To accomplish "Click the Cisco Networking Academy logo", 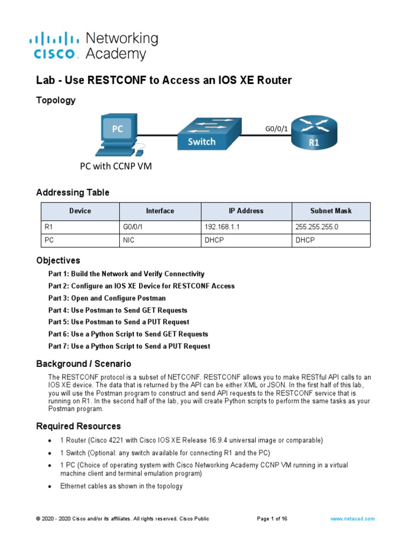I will click(x=94, y=46).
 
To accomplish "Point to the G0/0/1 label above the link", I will click(x=277, y=129).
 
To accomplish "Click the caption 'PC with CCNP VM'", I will click(x=116, y=166).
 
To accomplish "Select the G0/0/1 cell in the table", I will click(x=131, y=227).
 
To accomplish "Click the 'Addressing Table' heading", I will click(x=72, y=192).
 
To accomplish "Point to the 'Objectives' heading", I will click(x=58, y=261).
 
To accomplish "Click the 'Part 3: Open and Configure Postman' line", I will click(x=107, y=298).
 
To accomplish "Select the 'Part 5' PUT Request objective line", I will click(x=119, y=322).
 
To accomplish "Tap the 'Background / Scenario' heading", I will click(x=83, y=364).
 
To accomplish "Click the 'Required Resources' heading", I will click(x=78, y=426).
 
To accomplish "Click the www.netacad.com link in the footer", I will click(x=352, y=519).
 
